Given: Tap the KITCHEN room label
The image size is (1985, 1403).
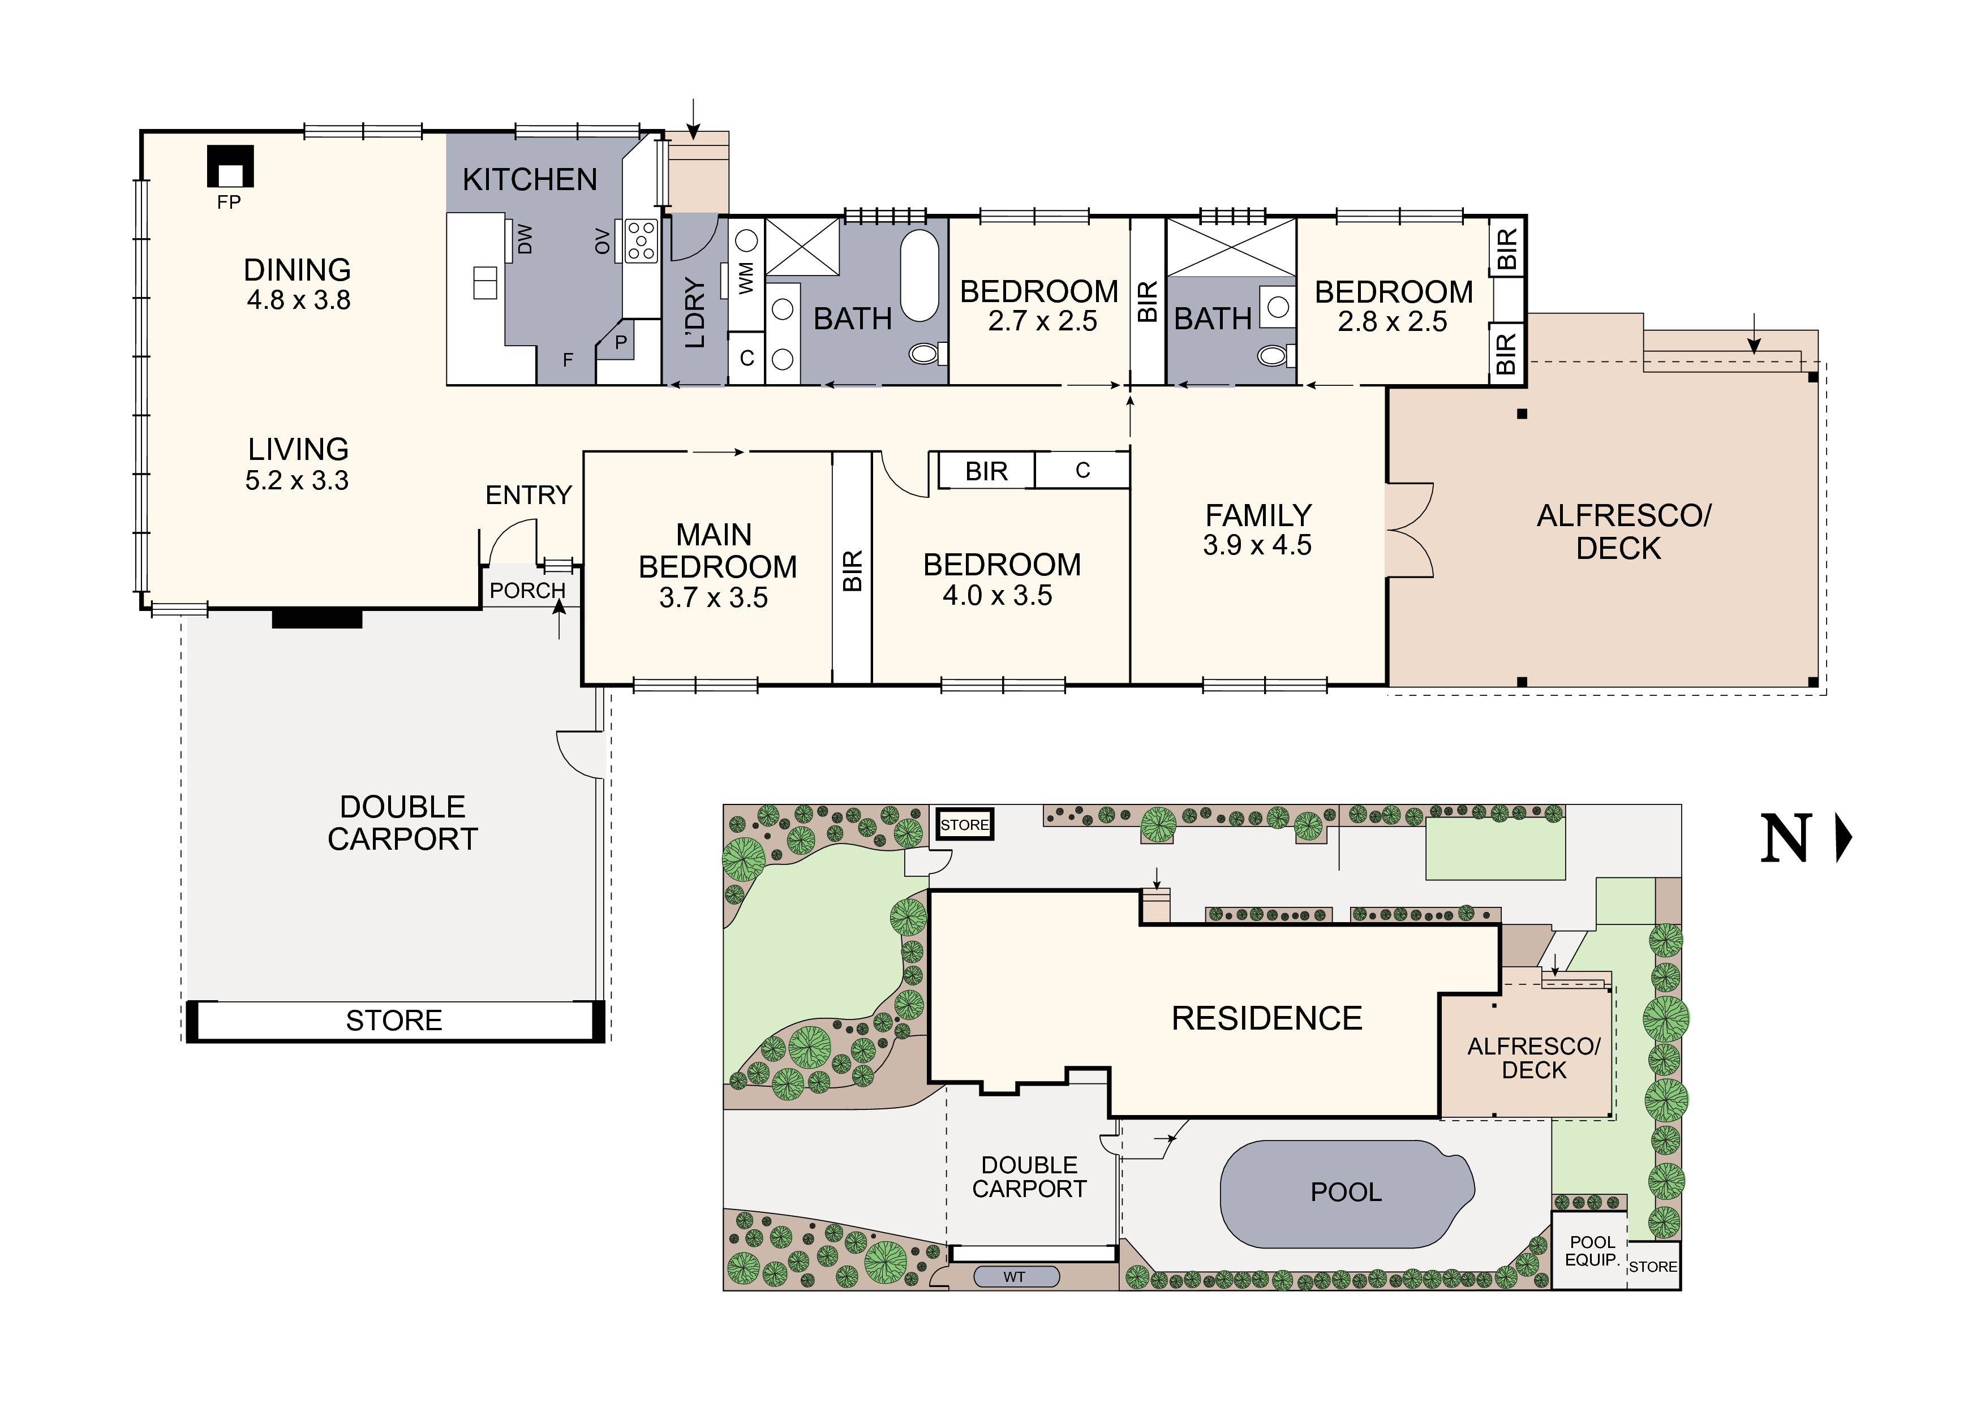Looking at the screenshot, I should click(x=530, y=180).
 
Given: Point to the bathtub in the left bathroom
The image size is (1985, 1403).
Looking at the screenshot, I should click(x=919, y=276).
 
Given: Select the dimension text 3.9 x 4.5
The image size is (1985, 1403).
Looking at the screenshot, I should click(x=1257, y=545).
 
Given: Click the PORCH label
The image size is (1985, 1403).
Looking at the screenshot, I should click(x=527, y=591).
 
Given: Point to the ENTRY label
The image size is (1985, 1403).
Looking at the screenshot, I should click(x=529, y=496).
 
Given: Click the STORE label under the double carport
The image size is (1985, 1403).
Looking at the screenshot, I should click(x=394, y=1021).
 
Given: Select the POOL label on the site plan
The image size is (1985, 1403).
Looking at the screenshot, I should click(x=1345, y=1193).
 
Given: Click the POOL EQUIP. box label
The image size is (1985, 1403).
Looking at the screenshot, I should click(x=1592, y=1251).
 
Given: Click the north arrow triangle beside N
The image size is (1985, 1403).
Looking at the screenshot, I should click(x=1844, y=838).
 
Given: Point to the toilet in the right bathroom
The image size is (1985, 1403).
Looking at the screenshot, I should click(x=1274, y=354).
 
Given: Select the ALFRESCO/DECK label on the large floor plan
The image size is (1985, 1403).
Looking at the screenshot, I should click(x=1623, y=532).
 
